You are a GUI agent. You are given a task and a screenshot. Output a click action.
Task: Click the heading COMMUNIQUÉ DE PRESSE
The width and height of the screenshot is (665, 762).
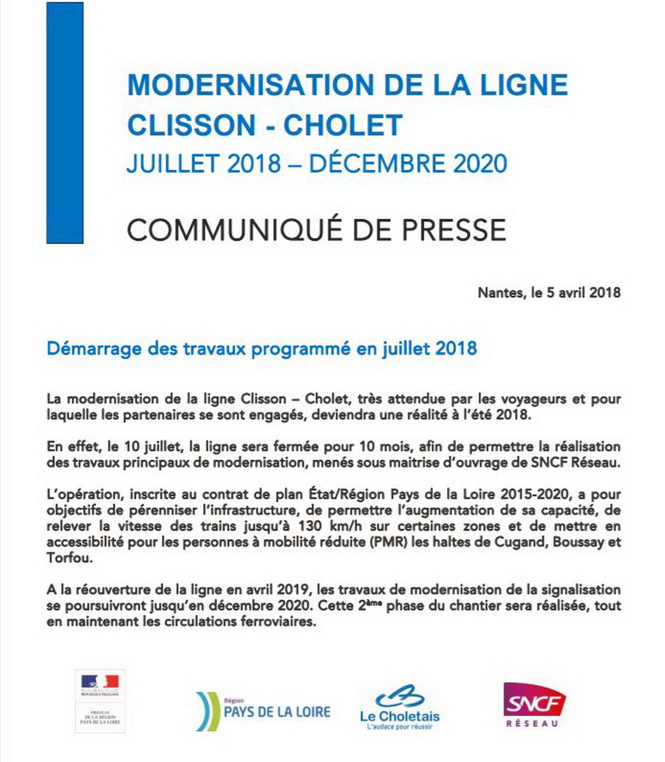(x=316, y=230)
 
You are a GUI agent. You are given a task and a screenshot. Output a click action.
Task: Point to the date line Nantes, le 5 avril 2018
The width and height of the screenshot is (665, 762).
(x=549, y=292)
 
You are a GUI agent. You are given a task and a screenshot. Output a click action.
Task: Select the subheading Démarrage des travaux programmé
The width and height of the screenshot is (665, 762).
(x=261, y=348)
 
